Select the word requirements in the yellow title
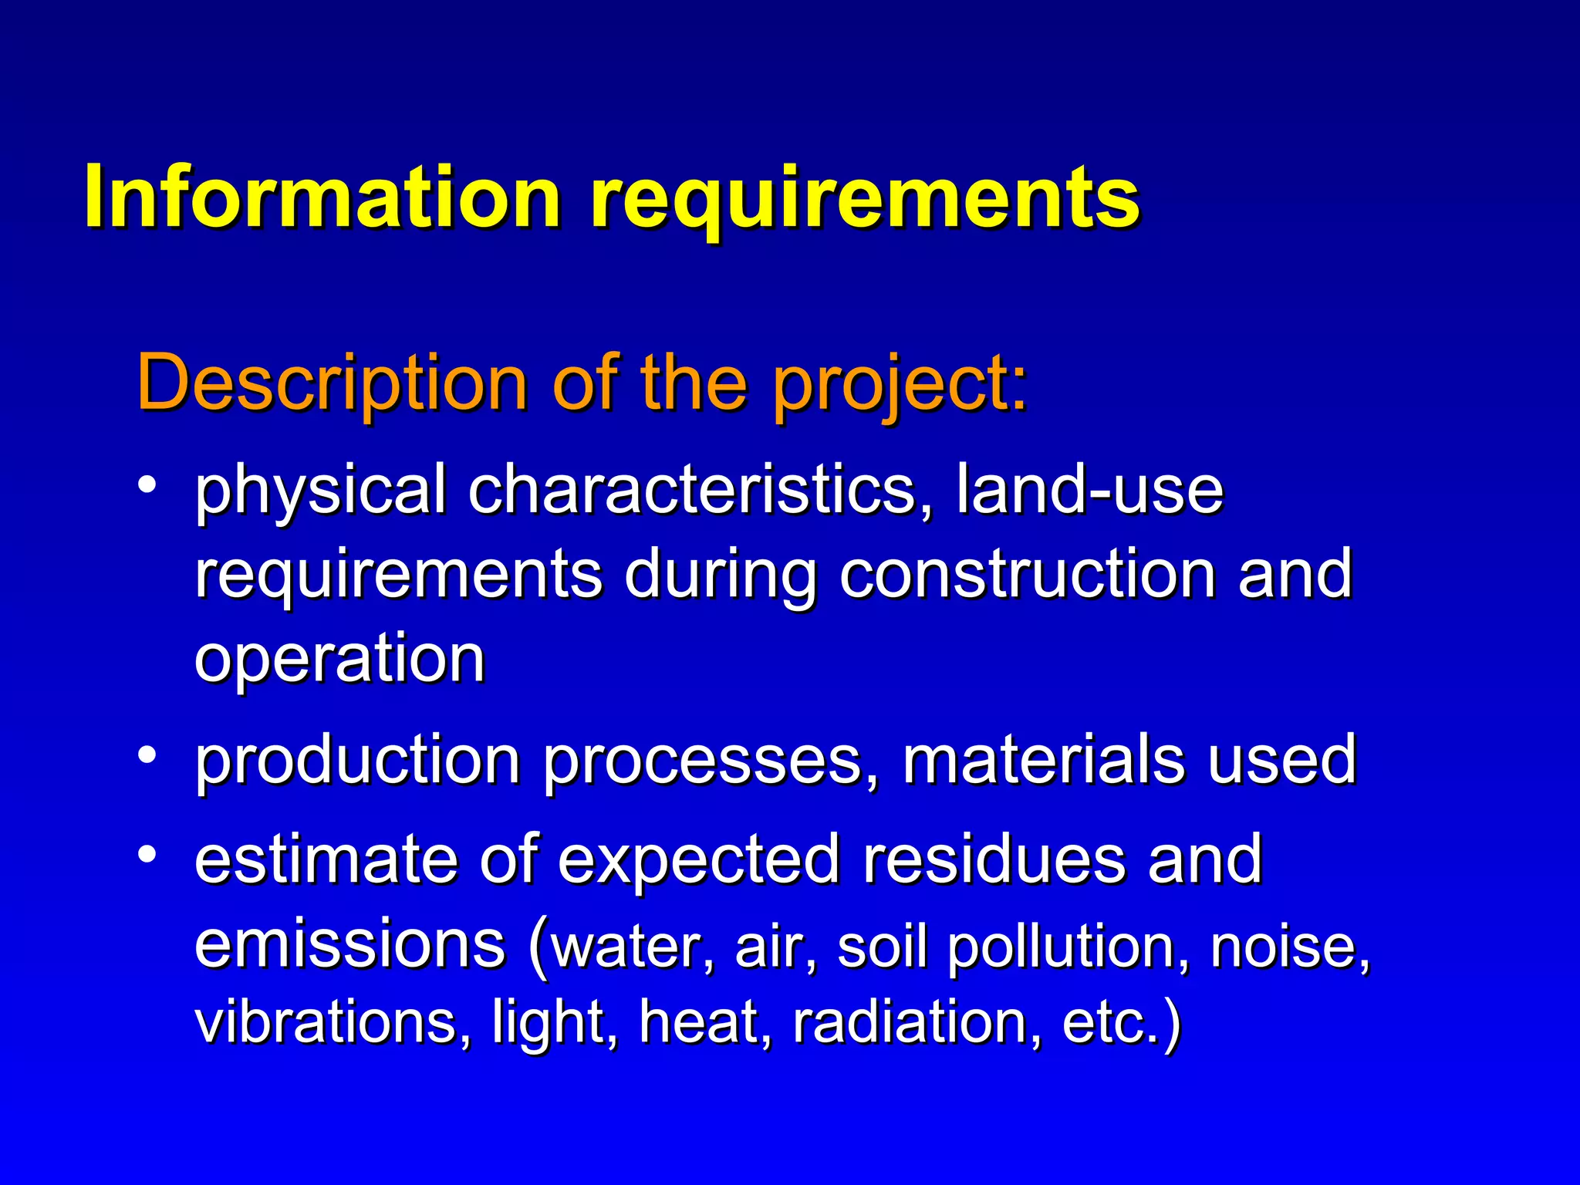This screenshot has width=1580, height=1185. coord(865,199)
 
